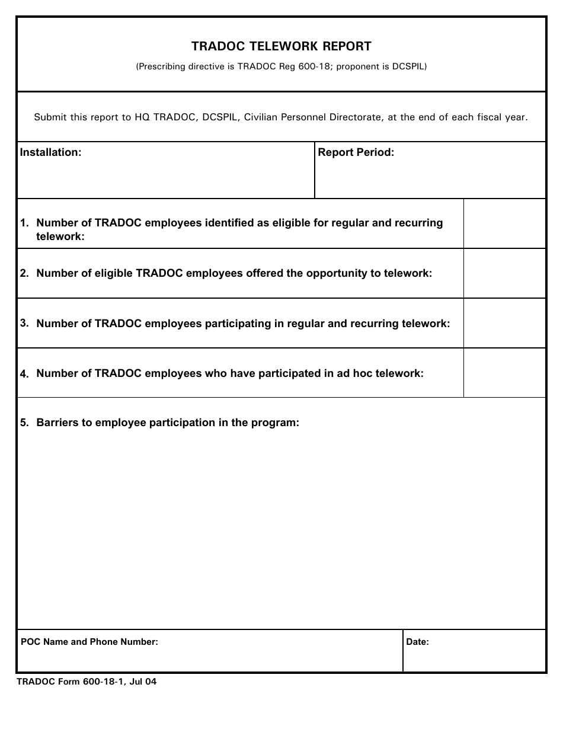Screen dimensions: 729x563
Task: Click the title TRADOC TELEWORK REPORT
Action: click(281, 46)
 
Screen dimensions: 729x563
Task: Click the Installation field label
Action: click(50, 152)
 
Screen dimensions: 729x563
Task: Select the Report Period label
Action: click(356, 152)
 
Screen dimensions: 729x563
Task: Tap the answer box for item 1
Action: click(504, 223)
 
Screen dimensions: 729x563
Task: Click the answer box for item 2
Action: click(504, 273)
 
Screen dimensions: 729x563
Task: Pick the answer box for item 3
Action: click(504, 323)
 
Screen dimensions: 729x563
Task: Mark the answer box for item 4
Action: click(504, 373)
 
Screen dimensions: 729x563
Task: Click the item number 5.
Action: click(24, 423)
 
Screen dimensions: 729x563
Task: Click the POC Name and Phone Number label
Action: click(89, 642)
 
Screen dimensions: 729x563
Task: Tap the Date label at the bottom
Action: click(417, 642)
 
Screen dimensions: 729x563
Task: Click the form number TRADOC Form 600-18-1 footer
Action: click(87, 682)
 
